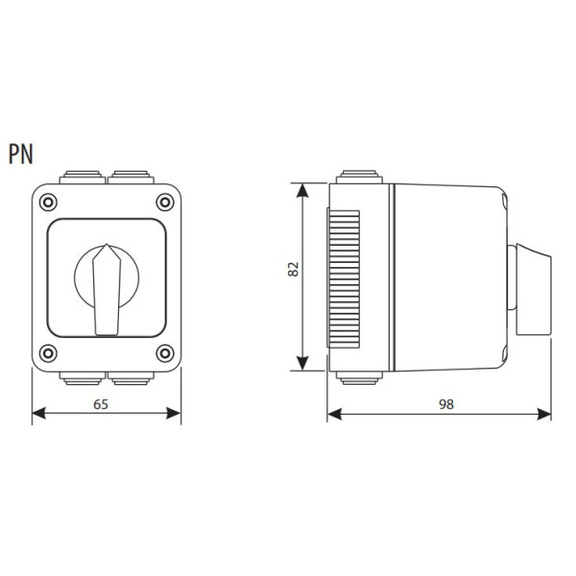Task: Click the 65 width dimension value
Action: [x=101, y=404]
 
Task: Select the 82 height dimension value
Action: [x=294, y=270]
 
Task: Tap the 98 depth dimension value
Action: [x=444, y=404]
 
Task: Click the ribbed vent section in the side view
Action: [x=343, y=277]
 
